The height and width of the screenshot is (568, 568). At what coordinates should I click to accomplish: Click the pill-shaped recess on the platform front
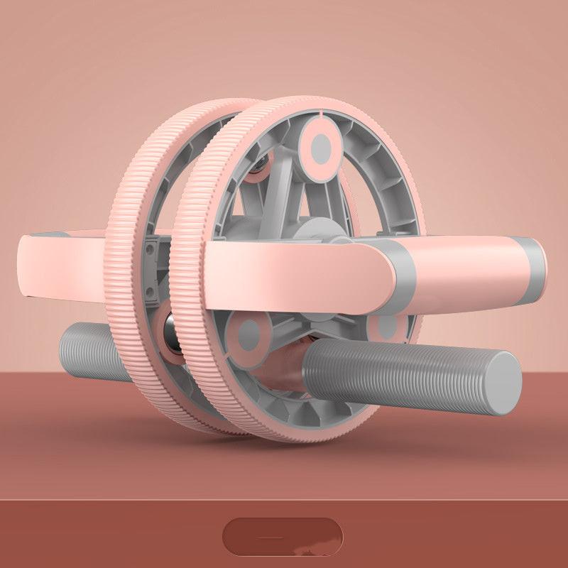(283, 537)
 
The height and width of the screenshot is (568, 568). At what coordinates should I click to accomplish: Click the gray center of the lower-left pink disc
(248, 334)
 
